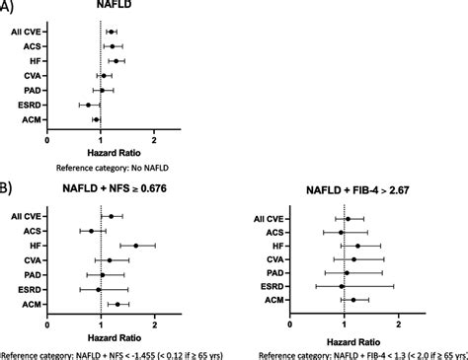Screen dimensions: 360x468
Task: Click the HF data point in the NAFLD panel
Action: [117, 61]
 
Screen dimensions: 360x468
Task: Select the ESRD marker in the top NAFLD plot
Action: [88, 105]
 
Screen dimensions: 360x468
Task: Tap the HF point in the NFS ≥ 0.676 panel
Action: [135, 246]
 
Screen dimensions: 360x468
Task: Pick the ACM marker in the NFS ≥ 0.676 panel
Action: [117, 305]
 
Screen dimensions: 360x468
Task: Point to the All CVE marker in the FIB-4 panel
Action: [348, 218]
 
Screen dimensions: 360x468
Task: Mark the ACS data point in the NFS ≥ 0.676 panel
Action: [91, 231]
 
